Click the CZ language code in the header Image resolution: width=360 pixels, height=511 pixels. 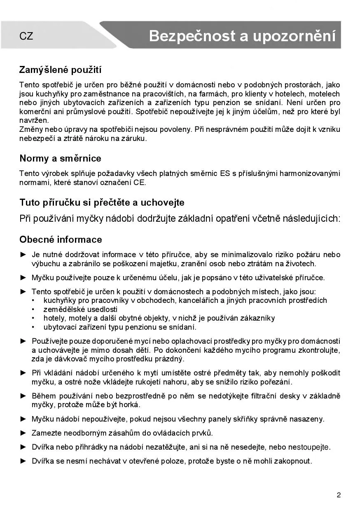pos(26,36)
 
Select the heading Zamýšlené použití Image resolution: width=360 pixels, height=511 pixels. pos(60,70)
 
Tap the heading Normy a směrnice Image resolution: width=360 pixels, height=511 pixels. pos(60,158)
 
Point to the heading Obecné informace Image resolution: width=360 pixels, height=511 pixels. pos(61,239)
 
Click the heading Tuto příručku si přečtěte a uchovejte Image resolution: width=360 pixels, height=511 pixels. pos(102,203)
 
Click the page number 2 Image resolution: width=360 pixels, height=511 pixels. pos(339,495)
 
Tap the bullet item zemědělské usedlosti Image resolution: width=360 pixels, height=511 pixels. pos(80,309)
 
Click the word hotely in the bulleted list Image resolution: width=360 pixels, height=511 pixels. pos(54,318)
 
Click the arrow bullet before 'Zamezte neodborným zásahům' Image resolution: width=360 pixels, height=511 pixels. pos(23,433)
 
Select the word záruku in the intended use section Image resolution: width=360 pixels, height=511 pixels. pos(134,138)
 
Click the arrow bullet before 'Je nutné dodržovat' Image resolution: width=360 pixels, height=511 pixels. pos(23,255)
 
